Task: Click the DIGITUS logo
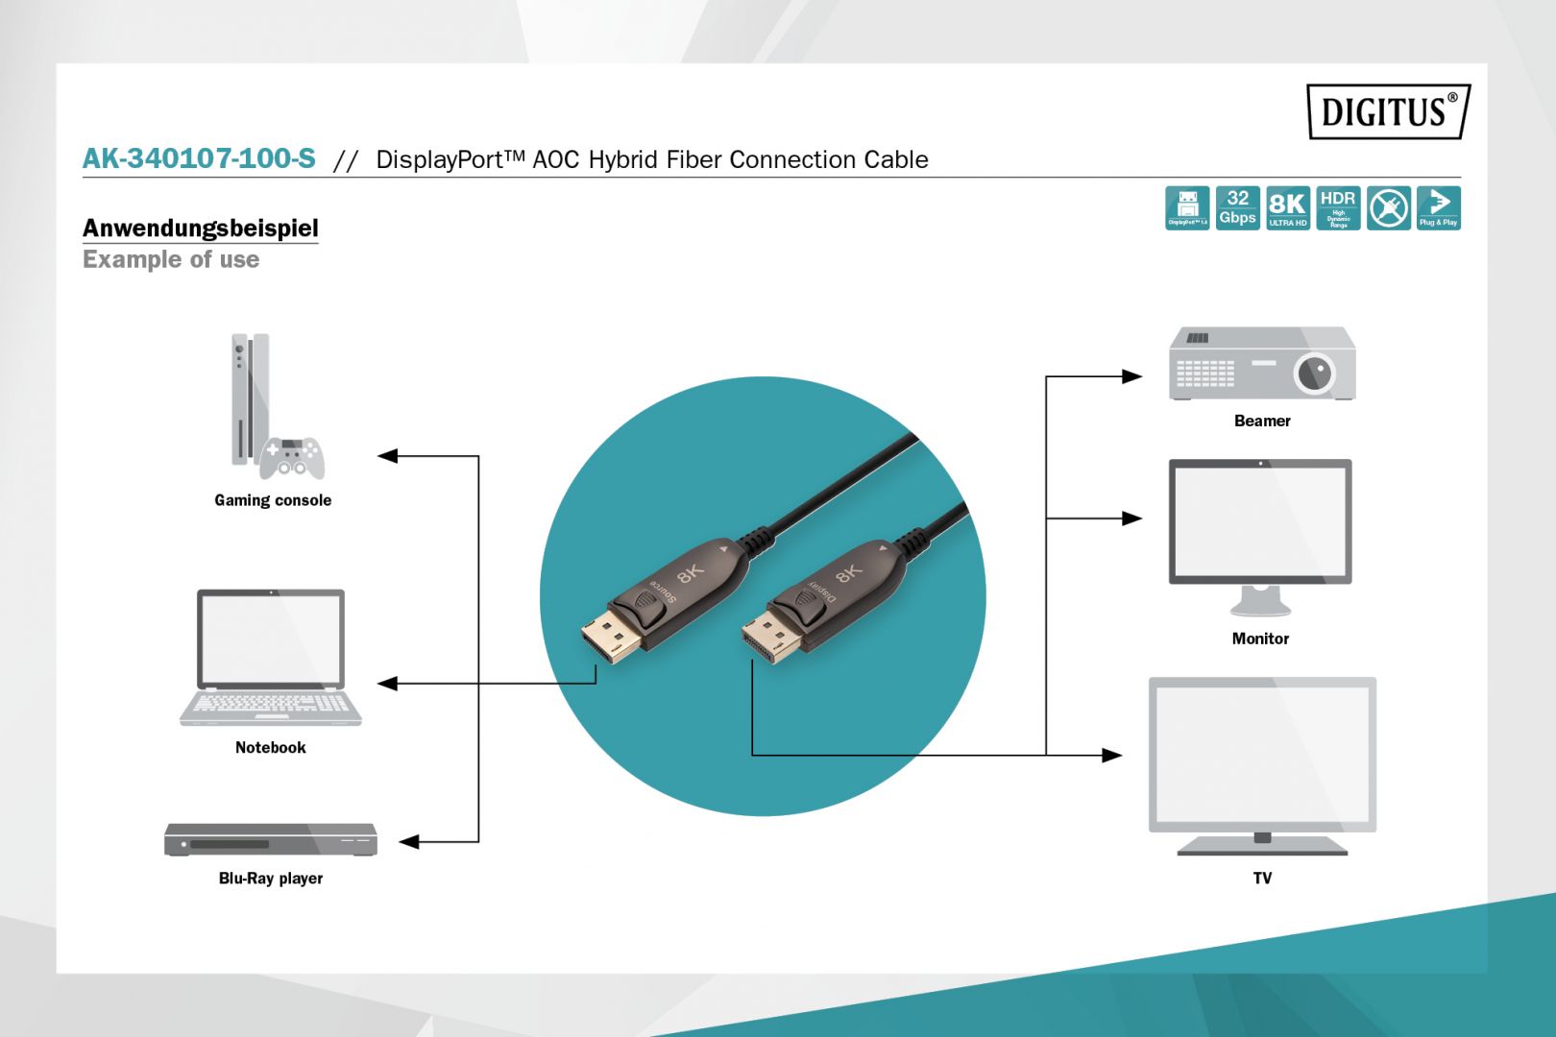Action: [x=1387, y=111]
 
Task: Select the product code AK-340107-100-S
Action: [x=199, y=158]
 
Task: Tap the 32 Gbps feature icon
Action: [x=1237, y=208]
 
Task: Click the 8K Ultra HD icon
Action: [x=1287, y=208]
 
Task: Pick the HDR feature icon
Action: [x=1338, y=208]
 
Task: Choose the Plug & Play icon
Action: [x=1438, y=208]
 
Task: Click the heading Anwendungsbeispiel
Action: [x=200, y=229]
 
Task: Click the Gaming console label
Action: [x=273, y=500]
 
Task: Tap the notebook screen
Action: [x=271, y=639]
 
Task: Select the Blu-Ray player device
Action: [x=270, y=839]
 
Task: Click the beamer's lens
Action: [x=1314, y=374]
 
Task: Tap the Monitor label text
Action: [x=1260, y=639]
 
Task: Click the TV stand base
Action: [x=1262, y=847]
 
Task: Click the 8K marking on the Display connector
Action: [x=848, y=574]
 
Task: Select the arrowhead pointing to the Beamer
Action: [x=1131, y=376]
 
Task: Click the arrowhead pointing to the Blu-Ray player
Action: [x=410, y=842]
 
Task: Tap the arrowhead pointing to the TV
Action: [x=1111, y=756]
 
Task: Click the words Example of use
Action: [x=171, y=260]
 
